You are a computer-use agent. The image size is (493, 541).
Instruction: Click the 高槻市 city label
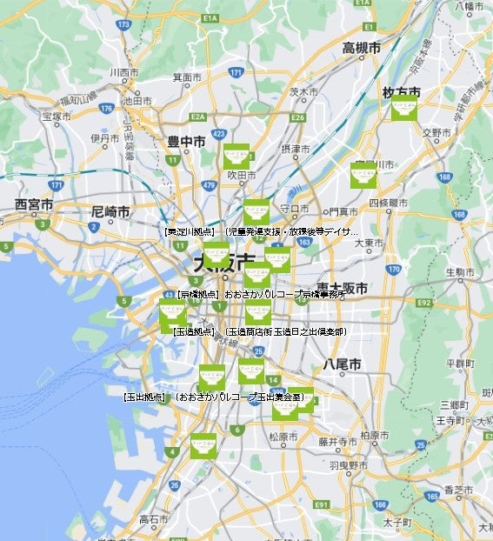[x=361, y=49]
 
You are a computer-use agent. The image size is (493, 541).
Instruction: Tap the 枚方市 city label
[x=401, y=91]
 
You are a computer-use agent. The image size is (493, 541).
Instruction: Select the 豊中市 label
[x=186, y=140]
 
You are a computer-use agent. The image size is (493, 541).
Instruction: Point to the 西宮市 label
[x=34, y=204]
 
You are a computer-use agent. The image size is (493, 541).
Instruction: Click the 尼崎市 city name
[x=110, y=211]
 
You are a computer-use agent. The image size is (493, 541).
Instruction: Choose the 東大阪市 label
[x=341, y=287]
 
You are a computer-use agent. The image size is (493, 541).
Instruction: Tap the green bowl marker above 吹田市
[x=236, y=157]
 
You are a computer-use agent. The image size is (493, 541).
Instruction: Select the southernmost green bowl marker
[x=203, y=446]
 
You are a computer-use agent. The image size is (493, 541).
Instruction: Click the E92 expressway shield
[x=424, y=302]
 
